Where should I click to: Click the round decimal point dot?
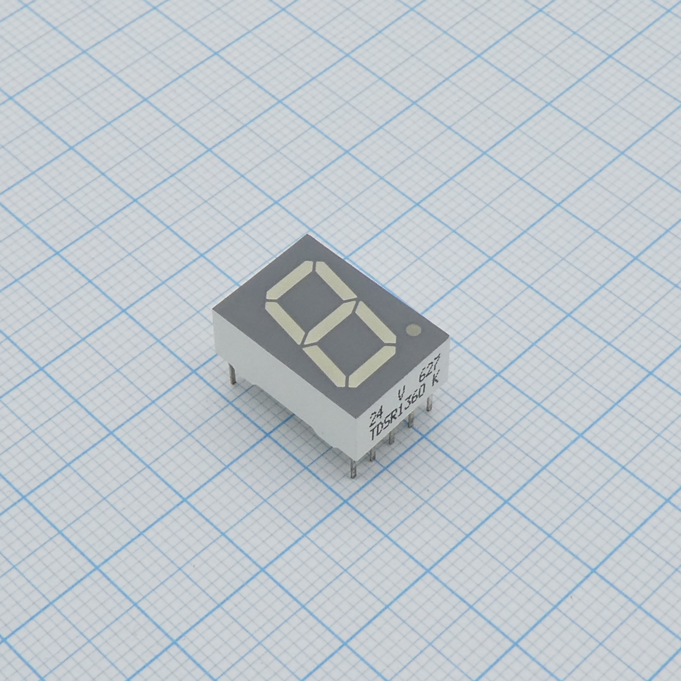pyautogui.click(x=414, y=330)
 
